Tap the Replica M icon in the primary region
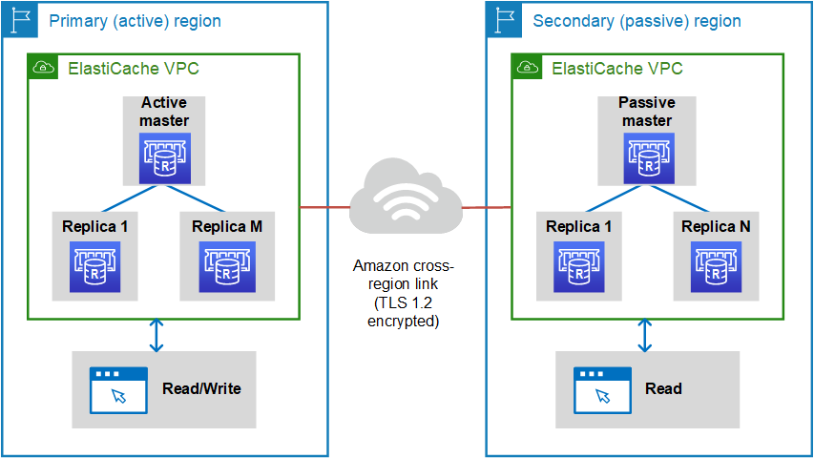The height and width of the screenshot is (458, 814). (227, 266)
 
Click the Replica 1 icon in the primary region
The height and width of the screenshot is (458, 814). (95, 266)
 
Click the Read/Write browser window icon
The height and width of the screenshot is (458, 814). (118, 389)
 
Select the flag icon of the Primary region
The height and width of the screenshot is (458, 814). (20, 19)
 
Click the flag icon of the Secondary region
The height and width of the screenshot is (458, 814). (504, 19)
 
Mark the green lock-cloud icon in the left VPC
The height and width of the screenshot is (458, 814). (43, 68)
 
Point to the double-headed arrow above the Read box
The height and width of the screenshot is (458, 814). (644, 335)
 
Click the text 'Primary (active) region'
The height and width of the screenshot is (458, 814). (135, 20)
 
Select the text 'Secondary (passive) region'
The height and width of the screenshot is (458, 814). (637, 20)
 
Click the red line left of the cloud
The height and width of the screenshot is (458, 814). (324, 206)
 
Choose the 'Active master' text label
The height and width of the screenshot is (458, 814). (164, 111)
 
